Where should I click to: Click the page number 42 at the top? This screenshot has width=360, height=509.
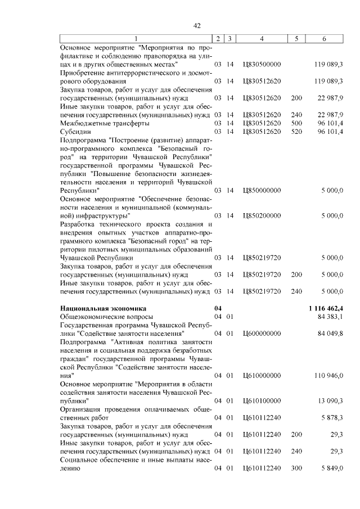point(197,26)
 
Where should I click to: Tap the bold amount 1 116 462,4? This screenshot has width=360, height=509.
point(326,308)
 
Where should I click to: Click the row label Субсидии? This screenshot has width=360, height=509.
point(75,131)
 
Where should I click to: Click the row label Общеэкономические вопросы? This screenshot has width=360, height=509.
point(98,317)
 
